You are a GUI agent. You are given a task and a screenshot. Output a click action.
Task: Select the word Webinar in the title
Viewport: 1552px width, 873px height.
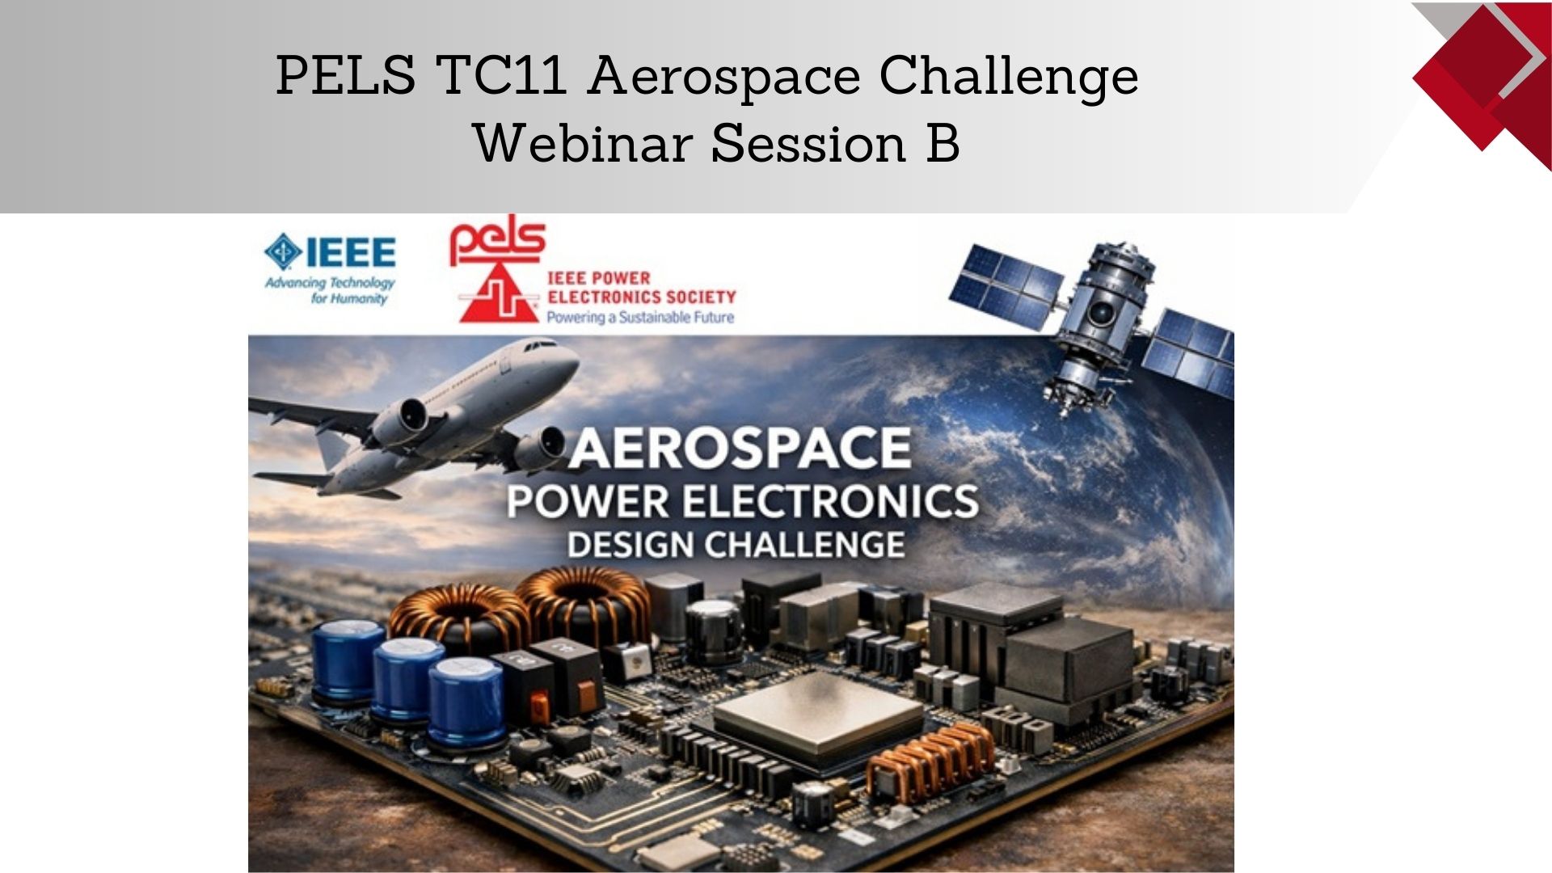click(x=582, y=143)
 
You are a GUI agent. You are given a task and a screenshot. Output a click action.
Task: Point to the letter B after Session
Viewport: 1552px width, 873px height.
click(x=943, y=143)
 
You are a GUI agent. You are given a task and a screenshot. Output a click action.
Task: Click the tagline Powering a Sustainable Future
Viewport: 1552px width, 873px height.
click(x=640, y=318)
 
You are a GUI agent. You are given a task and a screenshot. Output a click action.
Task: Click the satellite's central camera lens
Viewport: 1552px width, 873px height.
click(x=1100, y=313)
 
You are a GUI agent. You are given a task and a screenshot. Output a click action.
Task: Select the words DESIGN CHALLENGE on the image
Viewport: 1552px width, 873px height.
click(x=736, y=545)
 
